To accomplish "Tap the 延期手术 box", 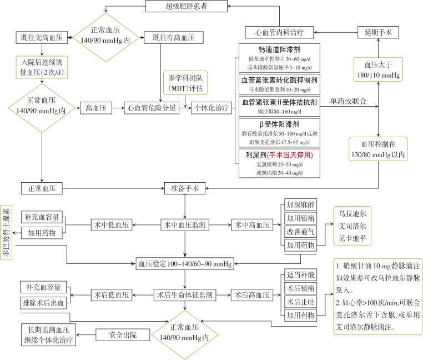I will click(x=377, y=32).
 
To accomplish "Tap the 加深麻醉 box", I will click(x=300, y=204).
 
